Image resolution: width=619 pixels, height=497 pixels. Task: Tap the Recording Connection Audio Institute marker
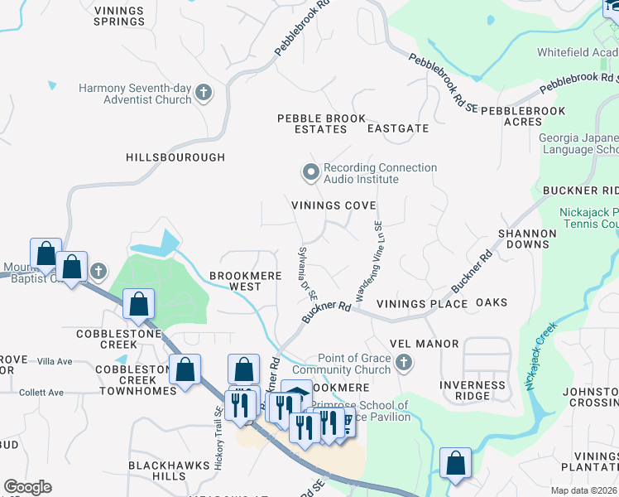coord(310,173)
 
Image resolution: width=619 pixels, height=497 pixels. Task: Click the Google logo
coord(28,487)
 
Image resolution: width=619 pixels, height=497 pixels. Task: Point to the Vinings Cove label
coord(333,205)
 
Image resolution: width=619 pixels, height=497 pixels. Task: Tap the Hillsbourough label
coord(175,157)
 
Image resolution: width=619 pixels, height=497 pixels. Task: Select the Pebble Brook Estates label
coord(321,123)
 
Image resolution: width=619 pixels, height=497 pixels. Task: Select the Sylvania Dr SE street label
coord(306,273)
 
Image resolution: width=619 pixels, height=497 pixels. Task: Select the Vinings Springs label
coord(119,17)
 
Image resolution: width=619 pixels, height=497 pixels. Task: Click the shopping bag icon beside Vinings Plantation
coord(456,464)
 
